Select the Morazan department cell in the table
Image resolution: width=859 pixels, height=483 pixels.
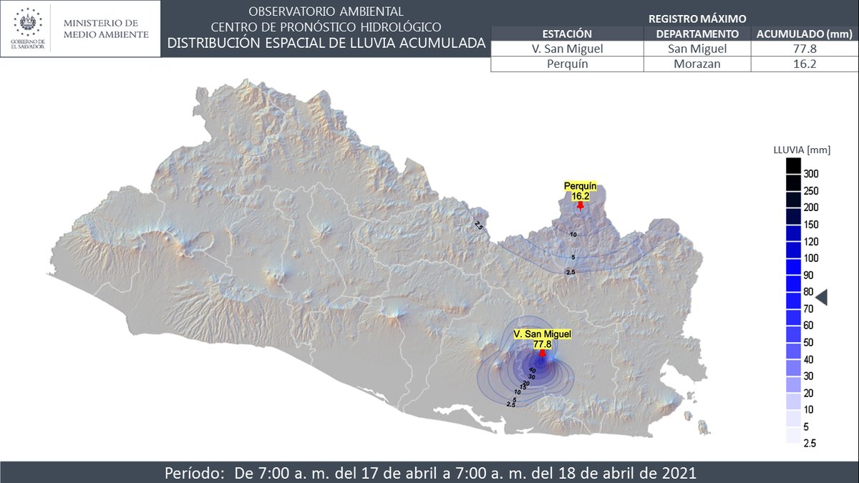697,64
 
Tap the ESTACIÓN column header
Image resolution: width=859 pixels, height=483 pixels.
566,34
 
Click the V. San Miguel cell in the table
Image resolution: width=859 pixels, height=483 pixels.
566,49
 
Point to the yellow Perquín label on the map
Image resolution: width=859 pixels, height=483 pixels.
580,190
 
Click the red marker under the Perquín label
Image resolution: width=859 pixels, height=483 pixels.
580,205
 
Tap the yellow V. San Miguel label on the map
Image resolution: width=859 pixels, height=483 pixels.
543,338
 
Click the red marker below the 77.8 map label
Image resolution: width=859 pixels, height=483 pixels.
543,353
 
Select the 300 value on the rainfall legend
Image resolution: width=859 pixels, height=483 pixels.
811,174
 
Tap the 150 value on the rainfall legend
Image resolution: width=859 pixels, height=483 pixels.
811,225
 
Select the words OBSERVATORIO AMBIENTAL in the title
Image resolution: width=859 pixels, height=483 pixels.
326,11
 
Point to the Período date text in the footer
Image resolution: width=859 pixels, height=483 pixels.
429,473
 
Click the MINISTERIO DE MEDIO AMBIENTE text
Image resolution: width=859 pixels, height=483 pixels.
107,29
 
